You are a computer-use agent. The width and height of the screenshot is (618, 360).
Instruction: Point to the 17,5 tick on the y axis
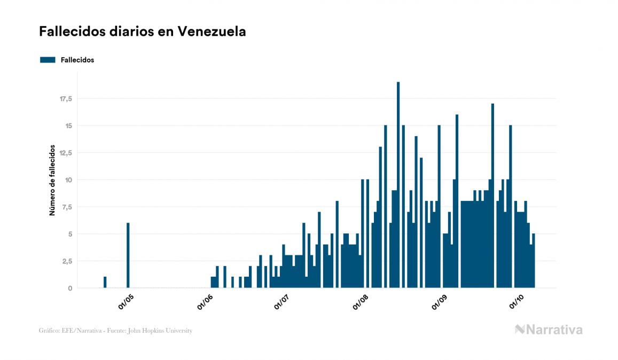[x=66, y=99]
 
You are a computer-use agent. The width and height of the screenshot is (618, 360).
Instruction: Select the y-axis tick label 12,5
[x=66, y=153]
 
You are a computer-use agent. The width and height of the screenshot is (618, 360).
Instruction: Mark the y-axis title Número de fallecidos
[x=52, y=179]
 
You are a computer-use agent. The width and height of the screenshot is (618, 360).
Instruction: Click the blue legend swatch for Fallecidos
[x=48, y=60]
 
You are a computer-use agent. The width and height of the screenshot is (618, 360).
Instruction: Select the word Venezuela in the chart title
[x=212, y=32]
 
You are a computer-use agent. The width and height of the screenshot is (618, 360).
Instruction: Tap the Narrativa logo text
[x=554, y=330]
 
